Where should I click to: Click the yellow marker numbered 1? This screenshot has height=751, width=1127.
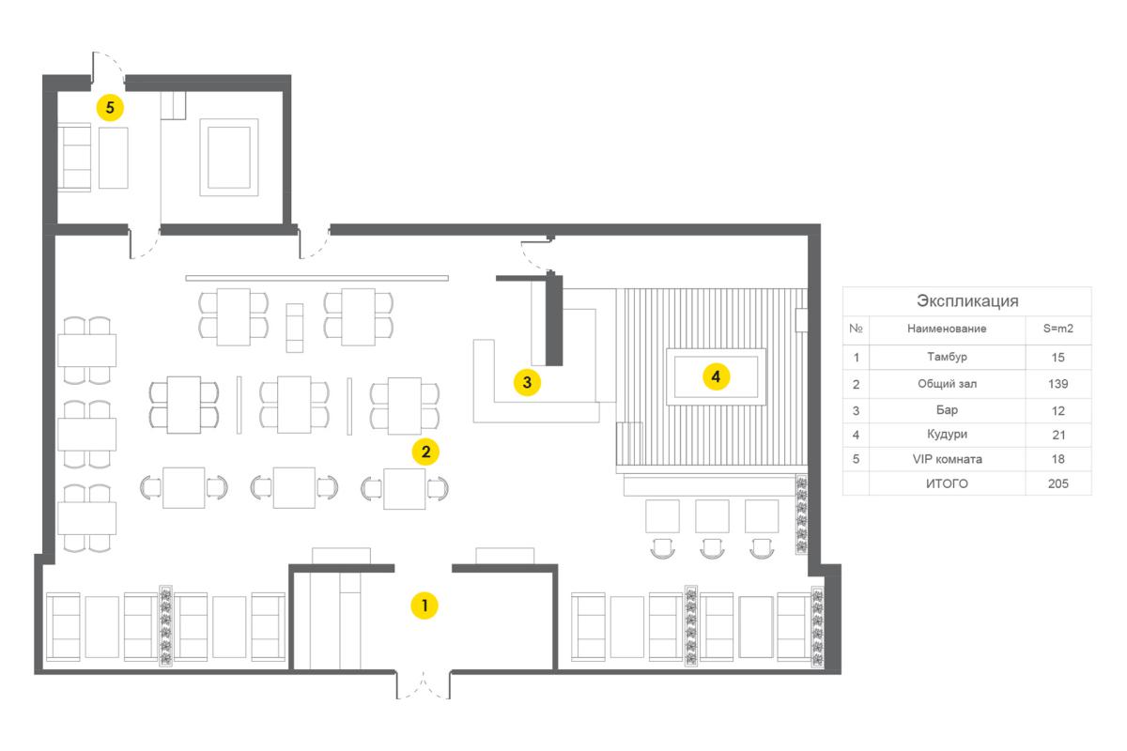point(425,605)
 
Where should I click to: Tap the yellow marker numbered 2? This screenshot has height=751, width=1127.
point(425,452)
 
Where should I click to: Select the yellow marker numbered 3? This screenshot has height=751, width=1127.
point(527,382)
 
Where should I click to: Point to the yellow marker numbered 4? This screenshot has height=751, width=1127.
point(716,376)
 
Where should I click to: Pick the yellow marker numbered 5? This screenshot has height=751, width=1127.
point(110,107)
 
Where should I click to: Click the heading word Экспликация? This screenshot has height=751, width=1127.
point(967,300)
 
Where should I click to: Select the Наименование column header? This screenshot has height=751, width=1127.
point(947,329)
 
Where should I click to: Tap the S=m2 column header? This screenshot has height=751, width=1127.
point(1058,329)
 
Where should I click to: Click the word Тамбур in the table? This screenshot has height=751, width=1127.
point(947,357)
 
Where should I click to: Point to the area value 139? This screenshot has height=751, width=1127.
point(1058,384)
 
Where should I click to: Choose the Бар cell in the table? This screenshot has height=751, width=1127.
point(947,410)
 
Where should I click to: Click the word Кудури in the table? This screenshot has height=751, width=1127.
point(947,434)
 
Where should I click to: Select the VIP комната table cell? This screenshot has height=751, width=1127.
point(947,459)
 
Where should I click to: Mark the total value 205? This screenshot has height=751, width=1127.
point(1058,483)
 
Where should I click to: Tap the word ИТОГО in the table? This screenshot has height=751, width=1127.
point(947,483)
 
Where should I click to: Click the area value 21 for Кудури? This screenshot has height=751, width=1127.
point(1058,435)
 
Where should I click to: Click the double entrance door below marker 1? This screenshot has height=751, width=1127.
point(424,685)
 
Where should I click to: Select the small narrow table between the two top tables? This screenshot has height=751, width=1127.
point(295,328)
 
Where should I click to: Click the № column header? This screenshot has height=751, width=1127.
point(856,329)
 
